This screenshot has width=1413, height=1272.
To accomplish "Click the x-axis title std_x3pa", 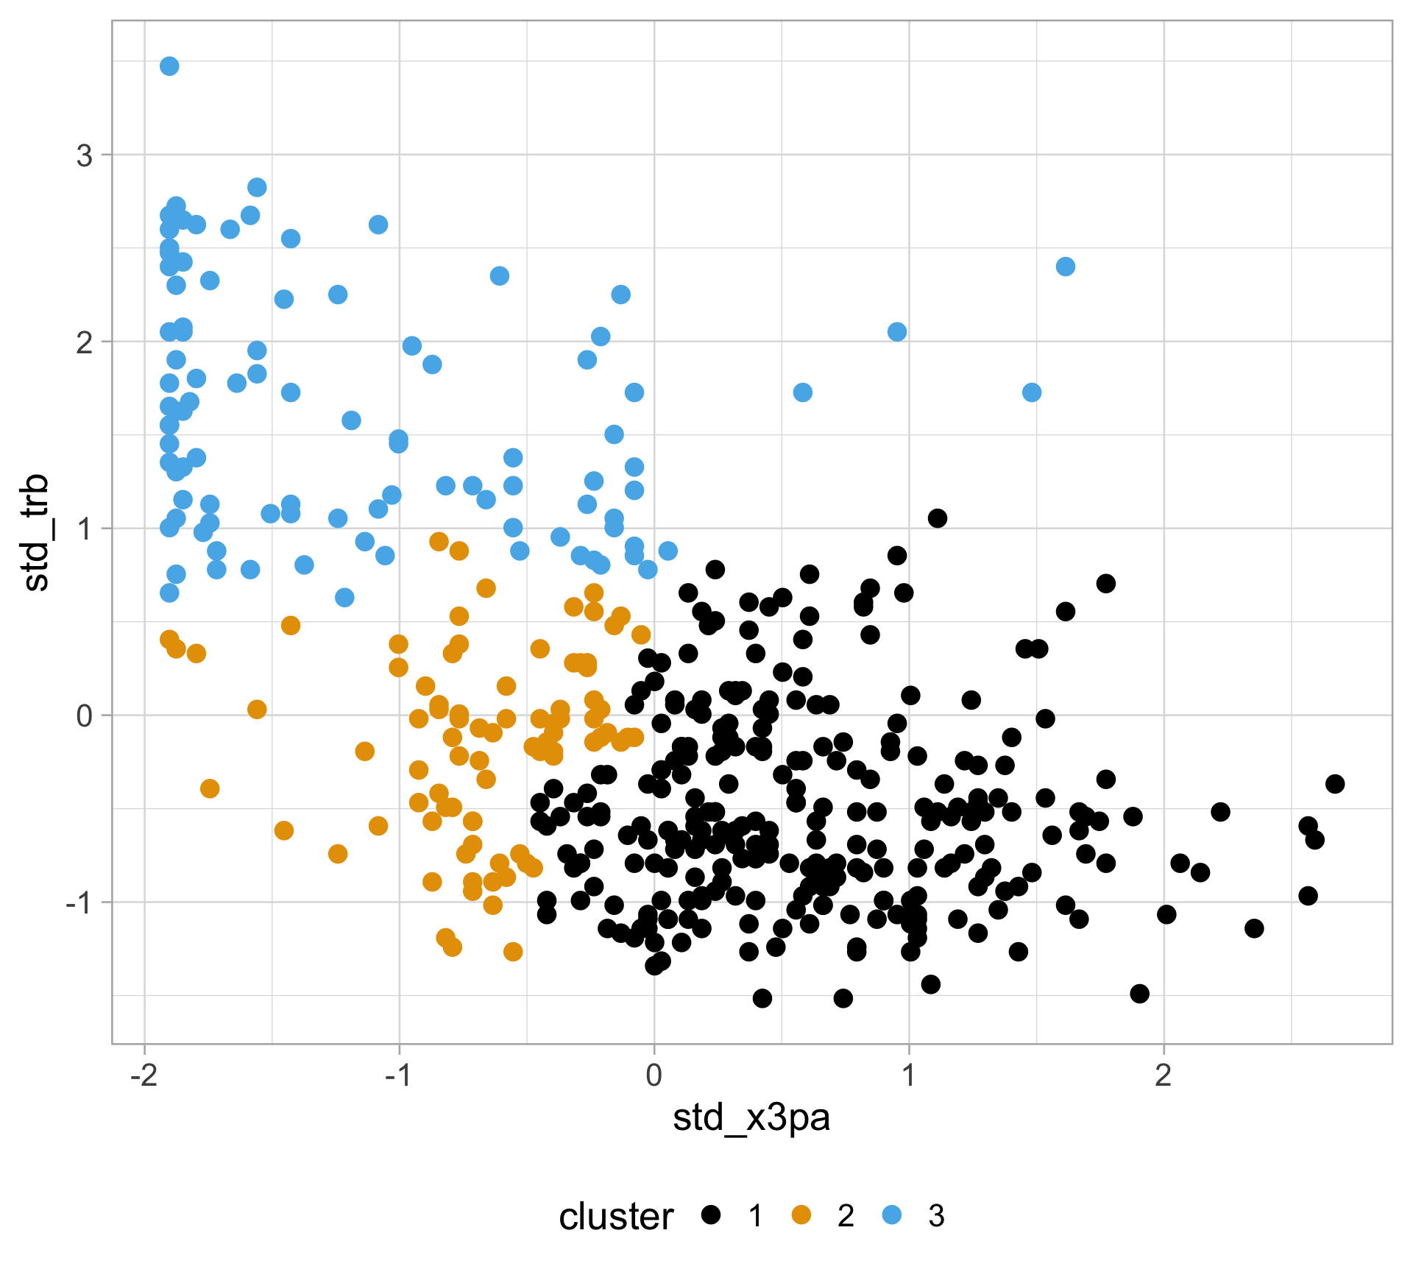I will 751,1118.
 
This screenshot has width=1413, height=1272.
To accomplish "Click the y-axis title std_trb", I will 37,532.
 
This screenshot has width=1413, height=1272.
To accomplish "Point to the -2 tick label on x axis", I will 144,1075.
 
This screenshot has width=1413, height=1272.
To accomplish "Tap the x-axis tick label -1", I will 399,1075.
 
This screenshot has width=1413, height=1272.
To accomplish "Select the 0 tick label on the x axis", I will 654,1075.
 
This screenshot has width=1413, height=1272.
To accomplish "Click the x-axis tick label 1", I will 909,1075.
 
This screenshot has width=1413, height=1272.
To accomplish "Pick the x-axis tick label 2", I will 1164,1075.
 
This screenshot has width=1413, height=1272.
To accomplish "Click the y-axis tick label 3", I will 85,155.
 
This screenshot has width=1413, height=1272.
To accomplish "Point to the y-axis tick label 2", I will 85,342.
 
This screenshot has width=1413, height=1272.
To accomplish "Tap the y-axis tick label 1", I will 85,529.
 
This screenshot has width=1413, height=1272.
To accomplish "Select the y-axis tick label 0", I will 85,715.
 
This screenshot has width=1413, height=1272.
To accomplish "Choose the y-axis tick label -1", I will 79,902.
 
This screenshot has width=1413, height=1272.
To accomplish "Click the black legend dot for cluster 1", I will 710,1215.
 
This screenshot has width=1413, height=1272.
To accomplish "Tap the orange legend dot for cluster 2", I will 801,1215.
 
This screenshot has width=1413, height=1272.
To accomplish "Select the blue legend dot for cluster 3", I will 891,1215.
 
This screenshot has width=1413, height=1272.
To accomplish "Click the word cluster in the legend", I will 616,1217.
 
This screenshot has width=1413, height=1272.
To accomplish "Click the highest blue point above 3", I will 169,66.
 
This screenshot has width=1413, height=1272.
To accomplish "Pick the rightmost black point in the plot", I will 1335,784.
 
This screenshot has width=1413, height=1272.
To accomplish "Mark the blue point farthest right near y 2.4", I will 1066,266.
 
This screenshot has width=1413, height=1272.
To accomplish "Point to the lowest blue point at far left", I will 169,593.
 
